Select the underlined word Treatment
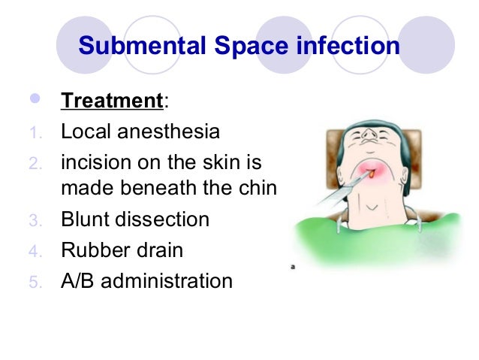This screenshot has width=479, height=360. [110, 100]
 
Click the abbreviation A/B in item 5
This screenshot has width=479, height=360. [78, 281]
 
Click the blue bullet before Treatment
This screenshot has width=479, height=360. [32, 99]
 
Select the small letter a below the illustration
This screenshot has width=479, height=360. [292, 266]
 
